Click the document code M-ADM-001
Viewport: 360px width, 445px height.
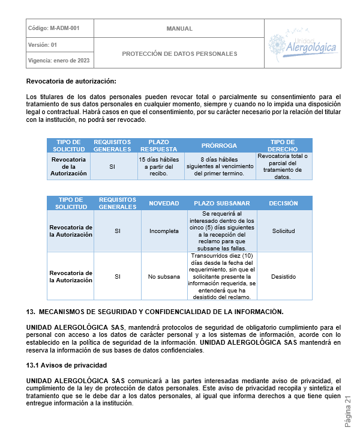coord(53,28)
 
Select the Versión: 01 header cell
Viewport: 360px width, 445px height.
coord(43,44)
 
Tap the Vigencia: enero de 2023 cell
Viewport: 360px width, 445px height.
coord(59,60)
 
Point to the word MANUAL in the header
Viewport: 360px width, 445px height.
coord(179,28)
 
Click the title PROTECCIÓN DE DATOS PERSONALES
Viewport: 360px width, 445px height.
coord(179,53)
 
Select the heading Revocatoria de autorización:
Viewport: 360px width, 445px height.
coord(71,81)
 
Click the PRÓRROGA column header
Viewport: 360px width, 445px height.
coord(219,145)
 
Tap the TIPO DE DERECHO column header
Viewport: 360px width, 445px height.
coord(282,145)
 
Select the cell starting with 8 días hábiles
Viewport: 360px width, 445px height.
coord(219,166)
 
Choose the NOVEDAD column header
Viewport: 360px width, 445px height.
coord(164,203)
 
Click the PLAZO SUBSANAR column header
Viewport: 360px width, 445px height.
coord(222,203)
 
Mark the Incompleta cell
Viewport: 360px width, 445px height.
coord(164,231)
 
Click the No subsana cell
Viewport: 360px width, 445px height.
coord(164,276)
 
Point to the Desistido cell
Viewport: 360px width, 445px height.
coord(283,276)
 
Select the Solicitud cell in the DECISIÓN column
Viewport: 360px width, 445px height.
coord(283,231)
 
